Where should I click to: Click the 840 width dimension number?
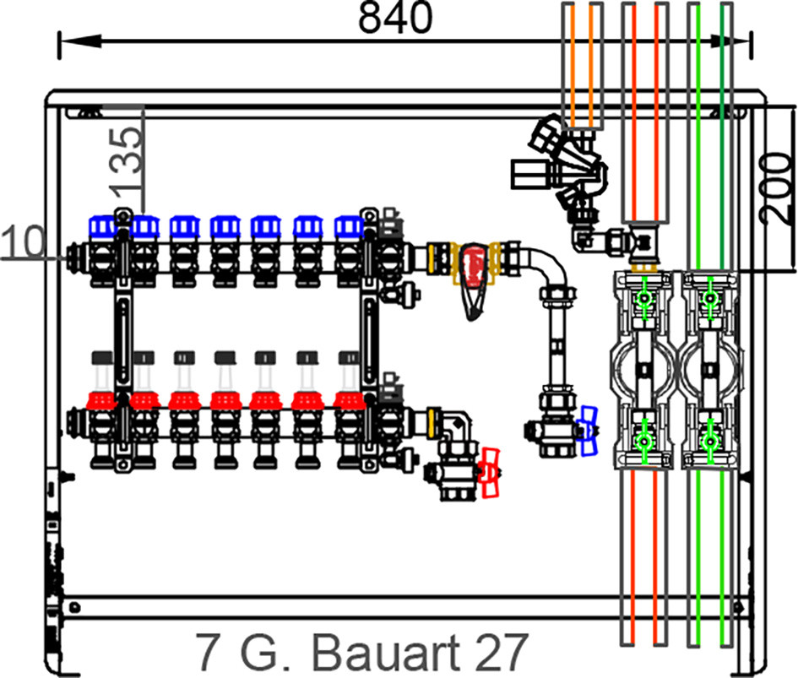(x=395, y=18)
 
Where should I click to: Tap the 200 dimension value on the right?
(x=776, y=189)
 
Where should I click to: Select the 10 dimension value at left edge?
(x=23, y=241)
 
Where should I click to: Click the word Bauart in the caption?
(x=386, y=653)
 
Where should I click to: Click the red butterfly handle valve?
(x=490, y=472)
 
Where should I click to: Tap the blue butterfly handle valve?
(x=589, y=431)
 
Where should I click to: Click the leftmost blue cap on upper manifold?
(x=102, y=226)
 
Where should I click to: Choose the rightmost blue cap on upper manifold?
(x=349, y=226)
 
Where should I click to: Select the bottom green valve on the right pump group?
(x=710, y=441)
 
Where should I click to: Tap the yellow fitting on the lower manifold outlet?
(x=433, y=423)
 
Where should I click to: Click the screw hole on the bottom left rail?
(x=75, y=607)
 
